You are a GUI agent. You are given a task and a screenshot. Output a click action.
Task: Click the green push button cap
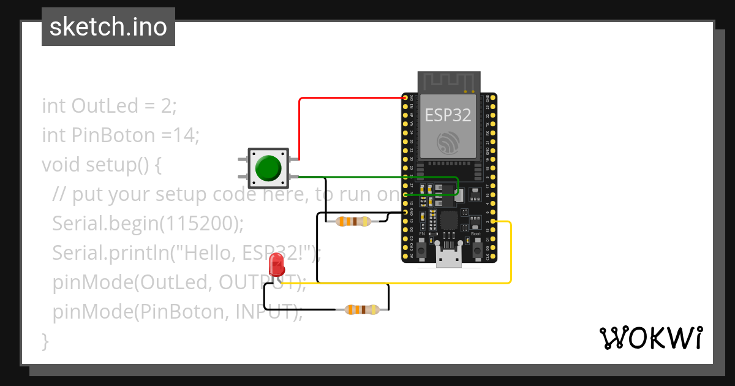point(268,168)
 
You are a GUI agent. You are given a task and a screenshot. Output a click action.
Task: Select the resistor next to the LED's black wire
point(362,310)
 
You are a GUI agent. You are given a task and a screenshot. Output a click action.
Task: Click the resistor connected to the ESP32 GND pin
point(353,221)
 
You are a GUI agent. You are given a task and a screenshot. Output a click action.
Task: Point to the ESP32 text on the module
point(448,115)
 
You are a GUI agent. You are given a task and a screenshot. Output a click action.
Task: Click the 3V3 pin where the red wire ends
point(405,98)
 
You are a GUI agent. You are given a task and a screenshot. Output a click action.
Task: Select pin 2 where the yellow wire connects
point(494,221)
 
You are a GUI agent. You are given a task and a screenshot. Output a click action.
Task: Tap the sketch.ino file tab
point(108,27)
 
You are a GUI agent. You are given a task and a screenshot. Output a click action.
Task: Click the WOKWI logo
point(650,338)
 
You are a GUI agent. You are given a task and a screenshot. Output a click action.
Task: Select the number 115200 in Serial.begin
point(198,224)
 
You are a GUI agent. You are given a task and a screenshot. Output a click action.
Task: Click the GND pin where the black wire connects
point(405,212)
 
